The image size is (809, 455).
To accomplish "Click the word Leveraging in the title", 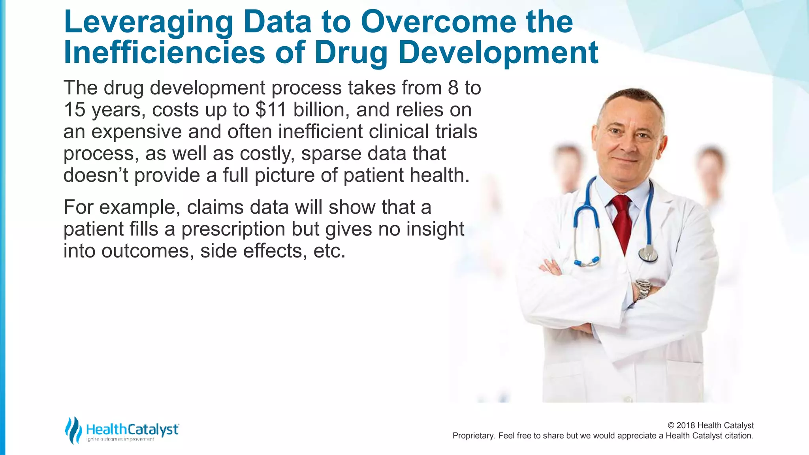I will [x=148, y=22].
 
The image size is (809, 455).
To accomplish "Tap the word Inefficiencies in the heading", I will [x=164, y=53].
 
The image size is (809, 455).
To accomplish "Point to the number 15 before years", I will [x=74, y=109].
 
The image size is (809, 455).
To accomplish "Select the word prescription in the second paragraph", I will [x=233, y=229].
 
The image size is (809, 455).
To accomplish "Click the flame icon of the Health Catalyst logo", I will [x=73, y=430].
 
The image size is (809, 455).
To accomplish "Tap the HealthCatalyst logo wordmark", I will [x=132, y=429].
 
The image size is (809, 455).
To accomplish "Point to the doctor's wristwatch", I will [x=642, y=289].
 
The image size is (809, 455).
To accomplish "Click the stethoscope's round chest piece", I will [x=648, y=255].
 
